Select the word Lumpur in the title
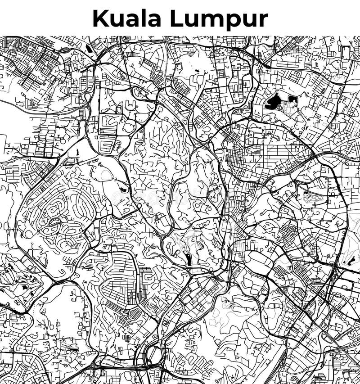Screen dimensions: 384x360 pyautogui.click(x=218, y=18)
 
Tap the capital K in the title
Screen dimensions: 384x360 pyautogui.click(x=100, y=18)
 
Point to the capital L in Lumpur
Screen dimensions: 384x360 pyautogui.click(x=175, y=18)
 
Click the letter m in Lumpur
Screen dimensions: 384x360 pyautogui.click(x=211, y=20)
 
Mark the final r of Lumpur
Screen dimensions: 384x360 pyautogui.click(x=263, y=20)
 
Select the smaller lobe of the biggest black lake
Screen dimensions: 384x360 pyautogui.click(x=292, y=99)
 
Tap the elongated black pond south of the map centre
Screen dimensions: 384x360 pyautogui.click(x=187, y=259)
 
